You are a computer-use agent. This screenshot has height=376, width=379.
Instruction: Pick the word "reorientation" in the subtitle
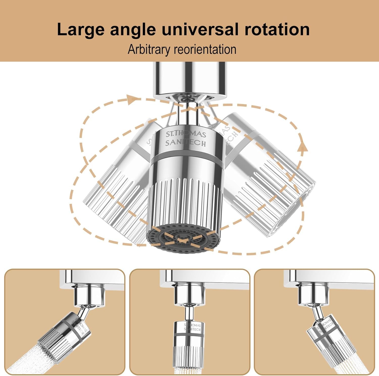point(205,49)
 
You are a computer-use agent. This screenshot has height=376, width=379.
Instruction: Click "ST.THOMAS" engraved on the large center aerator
point(186,134)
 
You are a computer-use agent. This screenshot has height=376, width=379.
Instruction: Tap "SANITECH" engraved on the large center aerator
point(186,143)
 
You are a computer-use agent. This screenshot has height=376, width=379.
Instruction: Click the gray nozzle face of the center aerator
point(182,238)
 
